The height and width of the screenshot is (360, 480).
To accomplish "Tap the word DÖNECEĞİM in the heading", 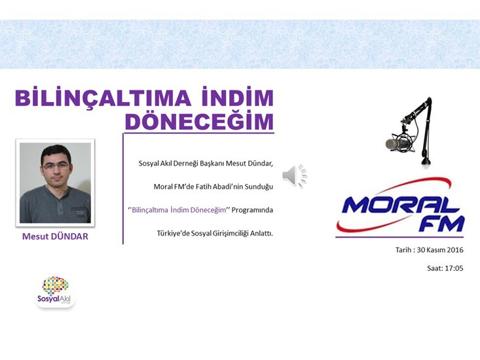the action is pos(199,121).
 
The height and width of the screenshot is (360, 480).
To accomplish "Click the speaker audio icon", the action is pos(295,175).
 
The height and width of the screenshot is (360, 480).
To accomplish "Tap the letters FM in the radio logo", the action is pos(441,225).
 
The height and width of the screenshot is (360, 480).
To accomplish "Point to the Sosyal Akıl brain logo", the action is pos(56,290).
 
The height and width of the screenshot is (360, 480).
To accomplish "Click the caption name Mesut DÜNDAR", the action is pos(55,236).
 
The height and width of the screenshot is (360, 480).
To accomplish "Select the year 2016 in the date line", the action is pos(455,250).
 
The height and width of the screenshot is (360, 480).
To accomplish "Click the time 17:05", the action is pos(454,268).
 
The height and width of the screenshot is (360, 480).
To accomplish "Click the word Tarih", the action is pos(403,250).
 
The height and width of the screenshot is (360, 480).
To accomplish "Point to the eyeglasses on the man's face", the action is pos(56,166).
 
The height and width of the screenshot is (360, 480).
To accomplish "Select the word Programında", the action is pos(252,210).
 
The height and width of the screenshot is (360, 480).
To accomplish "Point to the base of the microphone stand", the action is pos(426,161).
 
